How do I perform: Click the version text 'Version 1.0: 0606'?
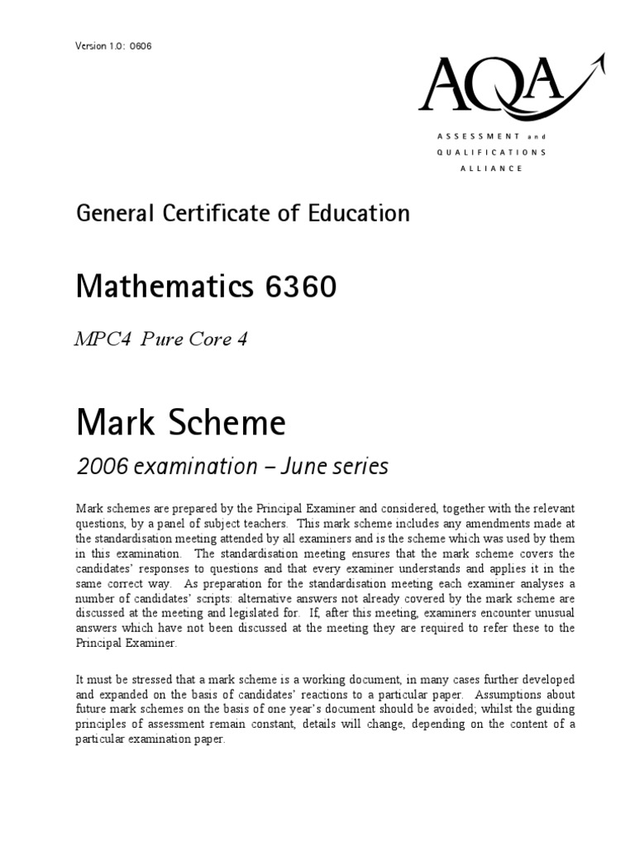click(x=113, y=45)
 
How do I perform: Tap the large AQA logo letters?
click(x=491, y=88)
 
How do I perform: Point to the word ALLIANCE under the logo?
click(x=491, y=169)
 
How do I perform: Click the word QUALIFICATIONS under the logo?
click(x=491, y=152)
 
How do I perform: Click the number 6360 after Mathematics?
click(x=300, y=288)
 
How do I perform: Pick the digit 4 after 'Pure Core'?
click(x=242, y=340)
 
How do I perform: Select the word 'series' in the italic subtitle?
click(x=362, y=466)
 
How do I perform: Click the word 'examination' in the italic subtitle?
click(x=187, y=467)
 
